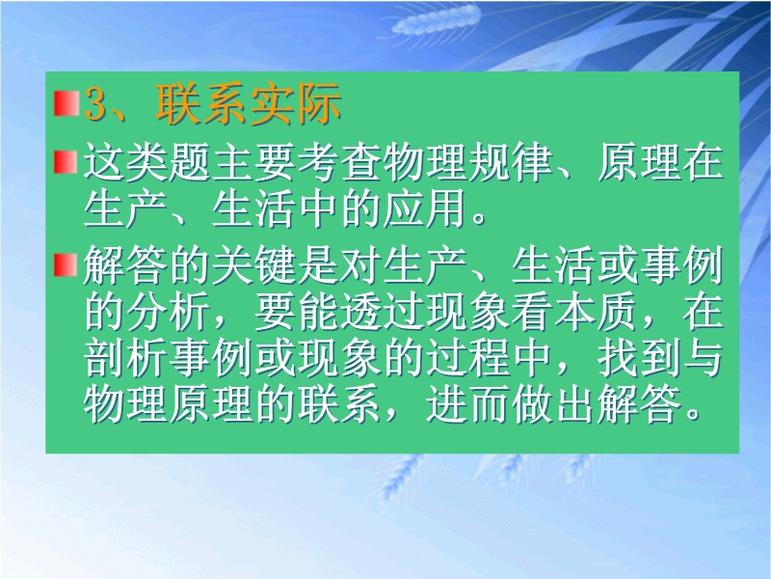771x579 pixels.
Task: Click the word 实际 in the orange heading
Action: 296,103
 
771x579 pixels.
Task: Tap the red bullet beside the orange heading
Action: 66,103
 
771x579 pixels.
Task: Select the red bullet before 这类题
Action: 66,162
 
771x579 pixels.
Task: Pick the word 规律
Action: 510,162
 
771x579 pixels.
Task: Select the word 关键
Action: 253,266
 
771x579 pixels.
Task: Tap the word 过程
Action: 467,358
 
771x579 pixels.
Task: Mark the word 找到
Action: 639,358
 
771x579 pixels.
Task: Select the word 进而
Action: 467,405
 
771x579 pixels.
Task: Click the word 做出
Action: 553,405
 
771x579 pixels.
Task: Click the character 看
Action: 532,312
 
